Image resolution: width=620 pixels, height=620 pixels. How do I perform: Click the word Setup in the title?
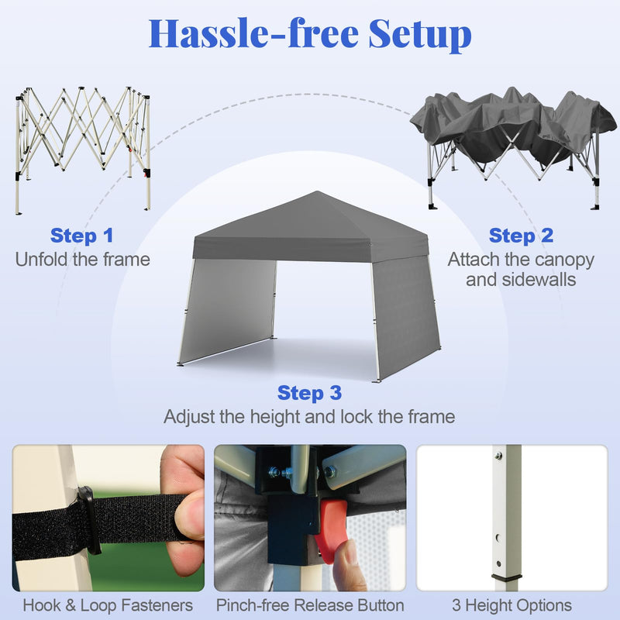(420, 34)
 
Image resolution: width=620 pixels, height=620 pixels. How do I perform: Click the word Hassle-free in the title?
(253, 33)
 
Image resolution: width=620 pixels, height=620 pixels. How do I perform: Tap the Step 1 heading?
(82, 236)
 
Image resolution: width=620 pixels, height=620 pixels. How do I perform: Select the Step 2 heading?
(521, 236)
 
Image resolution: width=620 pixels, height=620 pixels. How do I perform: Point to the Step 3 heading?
(309, 393)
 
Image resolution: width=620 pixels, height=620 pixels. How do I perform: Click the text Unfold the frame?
(83, 260)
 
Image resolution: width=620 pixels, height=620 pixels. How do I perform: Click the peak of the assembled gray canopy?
(317, 191)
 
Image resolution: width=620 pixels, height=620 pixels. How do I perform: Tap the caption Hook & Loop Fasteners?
(108, 605)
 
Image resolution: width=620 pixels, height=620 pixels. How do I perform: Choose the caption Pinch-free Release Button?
(310, 605)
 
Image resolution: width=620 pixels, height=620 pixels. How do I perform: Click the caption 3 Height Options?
(512, 605)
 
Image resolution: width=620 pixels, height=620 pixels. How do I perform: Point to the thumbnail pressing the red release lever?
(310, 518)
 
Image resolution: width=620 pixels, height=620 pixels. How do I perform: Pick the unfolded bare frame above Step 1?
(83, 150)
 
